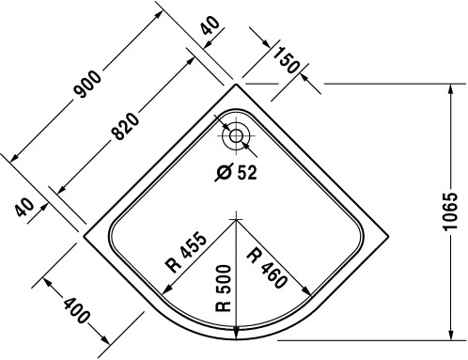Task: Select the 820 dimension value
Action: [125, 126]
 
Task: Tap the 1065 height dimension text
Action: [451, 211]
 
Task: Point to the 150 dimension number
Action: [286, 60]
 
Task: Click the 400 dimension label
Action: [76, 310]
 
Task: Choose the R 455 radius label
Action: [187, 252]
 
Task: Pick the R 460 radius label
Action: [267, 268]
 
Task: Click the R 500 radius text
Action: [224, 289]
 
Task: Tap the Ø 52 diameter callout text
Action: [237, 173]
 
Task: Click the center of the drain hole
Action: [236, 136]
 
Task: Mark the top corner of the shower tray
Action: [236, 85]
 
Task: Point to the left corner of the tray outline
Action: [84, 237]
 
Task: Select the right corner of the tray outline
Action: [388, 237]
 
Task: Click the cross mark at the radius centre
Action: [236, 219]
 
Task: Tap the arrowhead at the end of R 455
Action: [165, 290]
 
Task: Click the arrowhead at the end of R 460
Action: [307, 291]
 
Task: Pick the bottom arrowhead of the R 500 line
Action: [236, 333]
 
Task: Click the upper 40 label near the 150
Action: [210, 25]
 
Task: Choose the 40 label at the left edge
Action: [24, 208]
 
